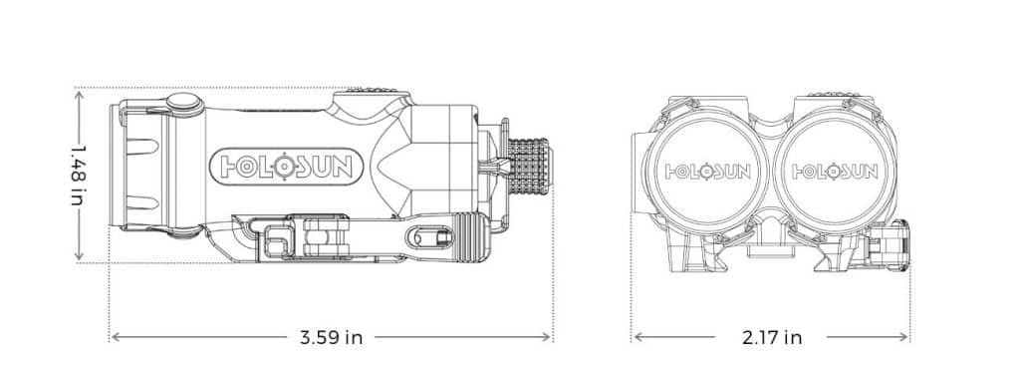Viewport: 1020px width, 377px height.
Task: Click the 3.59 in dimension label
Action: point(331,337)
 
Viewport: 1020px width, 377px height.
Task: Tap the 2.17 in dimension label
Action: point(772,337)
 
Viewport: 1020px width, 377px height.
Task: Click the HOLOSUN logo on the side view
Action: point(286,167)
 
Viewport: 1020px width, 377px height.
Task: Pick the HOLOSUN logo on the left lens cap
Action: point(708,172)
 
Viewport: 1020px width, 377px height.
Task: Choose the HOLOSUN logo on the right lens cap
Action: point(835,172)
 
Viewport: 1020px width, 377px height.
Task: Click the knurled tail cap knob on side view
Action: point(529,167)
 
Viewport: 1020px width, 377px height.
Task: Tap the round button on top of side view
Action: point(184,104)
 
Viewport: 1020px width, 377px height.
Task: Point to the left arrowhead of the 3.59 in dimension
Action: point(116,337)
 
